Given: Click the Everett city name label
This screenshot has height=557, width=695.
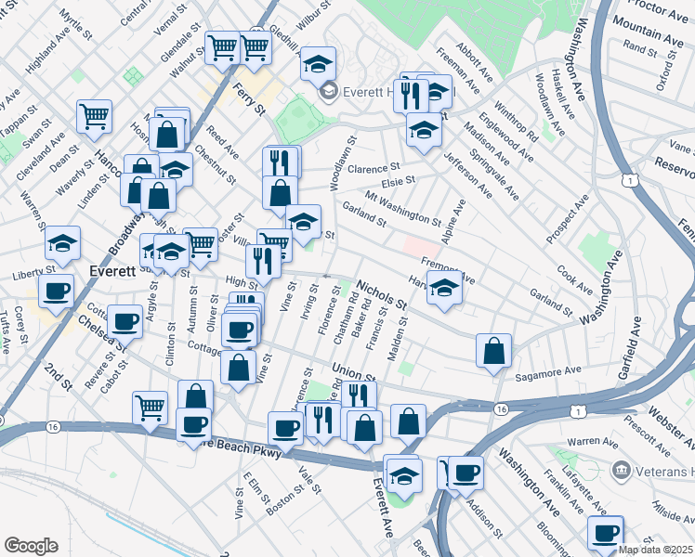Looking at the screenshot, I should (113, 270).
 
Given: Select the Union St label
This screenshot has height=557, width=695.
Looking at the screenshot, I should (352, 371).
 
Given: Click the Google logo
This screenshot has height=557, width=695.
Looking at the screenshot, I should (31, 546).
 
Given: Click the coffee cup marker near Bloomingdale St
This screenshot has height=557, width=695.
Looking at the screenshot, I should (606, 534).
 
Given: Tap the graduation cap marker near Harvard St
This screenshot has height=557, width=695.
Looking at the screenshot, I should (445, 288).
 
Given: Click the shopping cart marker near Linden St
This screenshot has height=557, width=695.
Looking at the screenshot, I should (95, 116).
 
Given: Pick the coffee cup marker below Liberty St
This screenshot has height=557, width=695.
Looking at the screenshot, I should (57, 291).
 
